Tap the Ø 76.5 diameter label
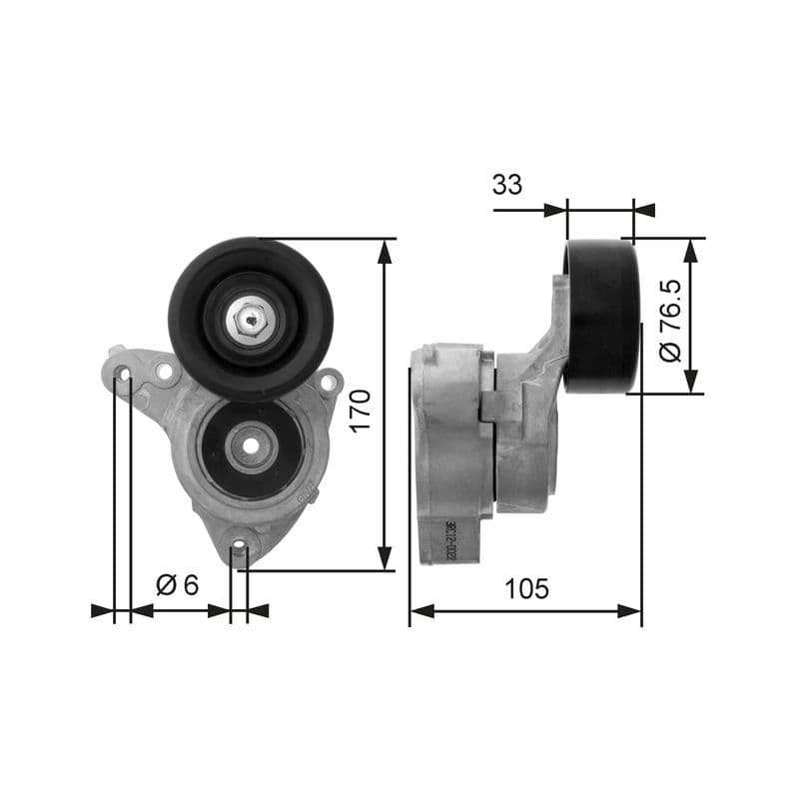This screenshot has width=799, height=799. (x=670, y=320)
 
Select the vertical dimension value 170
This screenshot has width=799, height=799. (x=361, y=408)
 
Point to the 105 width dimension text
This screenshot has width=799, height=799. (x=526, y=588)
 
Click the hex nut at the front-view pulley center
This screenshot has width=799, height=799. (x=250, y=320)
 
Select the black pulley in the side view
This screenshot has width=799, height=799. (x=601, y=316)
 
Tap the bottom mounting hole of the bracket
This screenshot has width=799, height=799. (x=238, y=546)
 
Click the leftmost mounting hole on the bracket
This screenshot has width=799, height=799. (x=123, y=375)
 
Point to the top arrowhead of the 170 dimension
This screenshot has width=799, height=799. (x=386, y=250)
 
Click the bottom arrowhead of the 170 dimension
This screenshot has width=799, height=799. (x=386, y=560)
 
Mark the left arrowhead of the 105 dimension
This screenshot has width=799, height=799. (x=420, y=610)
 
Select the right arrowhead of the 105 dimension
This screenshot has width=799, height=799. (x=630, y=610)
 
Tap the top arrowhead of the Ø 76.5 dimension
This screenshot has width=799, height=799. (x=689, y=250)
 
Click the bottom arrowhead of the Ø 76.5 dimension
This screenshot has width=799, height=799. (x=689, y=382)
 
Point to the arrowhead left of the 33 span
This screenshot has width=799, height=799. (x=555, y=210)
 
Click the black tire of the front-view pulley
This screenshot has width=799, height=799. (x=190, y=300)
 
